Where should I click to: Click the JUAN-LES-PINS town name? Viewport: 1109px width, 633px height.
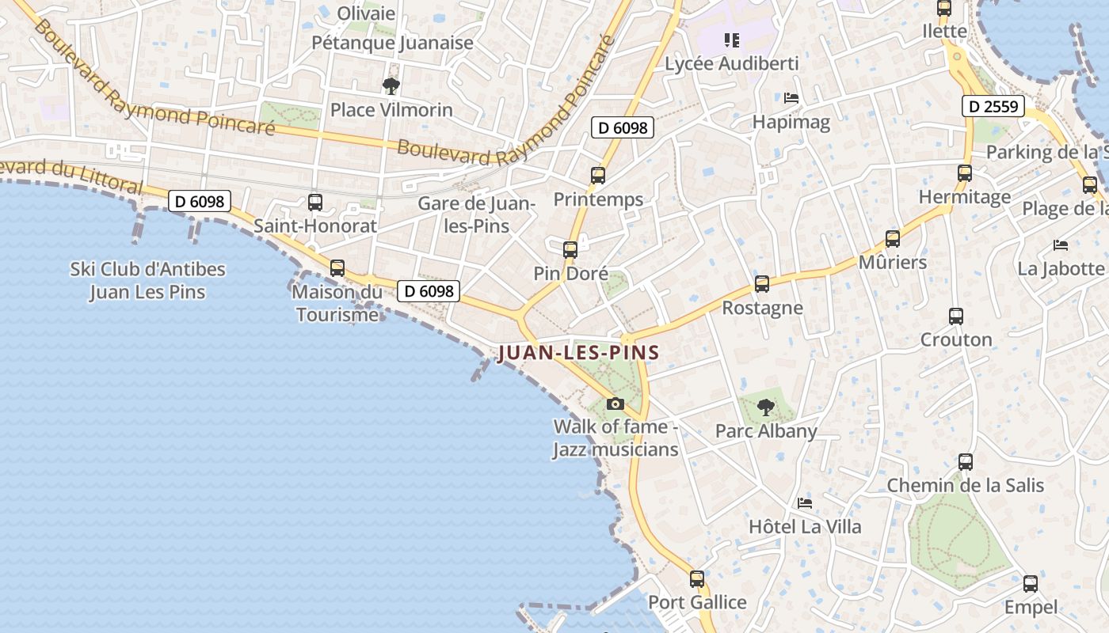pos(578,353)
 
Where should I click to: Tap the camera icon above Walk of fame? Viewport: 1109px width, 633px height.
pos(615,404)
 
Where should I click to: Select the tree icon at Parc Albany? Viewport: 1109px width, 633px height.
pos(765,407)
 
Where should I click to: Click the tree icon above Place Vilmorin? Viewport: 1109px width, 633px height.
pos(391,85)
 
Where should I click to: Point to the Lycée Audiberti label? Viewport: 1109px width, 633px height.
pos(731,63)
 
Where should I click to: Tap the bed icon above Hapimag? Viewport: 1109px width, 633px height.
pos(791,98)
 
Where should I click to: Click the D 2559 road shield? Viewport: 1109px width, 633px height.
pos(993,106)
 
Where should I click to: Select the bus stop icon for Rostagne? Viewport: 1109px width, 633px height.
pos(762,283)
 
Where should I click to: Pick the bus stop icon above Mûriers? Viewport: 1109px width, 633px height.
pos(893,238)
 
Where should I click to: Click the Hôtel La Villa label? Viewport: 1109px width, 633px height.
pos(805,526)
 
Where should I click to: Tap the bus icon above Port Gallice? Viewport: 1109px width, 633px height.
pos(697,579)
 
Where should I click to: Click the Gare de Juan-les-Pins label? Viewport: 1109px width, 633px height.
pos(477,214)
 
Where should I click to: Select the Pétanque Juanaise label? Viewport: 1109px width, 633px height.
pos(392,43)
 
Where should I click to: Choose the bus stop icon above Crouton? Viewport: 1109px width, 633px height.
pos(956,316)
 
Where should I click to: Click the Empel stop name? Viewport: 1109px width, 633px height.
pos(1031,607)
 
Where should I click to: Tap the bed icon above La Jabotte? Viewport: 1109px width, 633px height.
pos(1061,245)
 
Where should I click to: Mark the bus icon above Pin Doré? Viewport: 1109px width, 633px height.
pos(570,250)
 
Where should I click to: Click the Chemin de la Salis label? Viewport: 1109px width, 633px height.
pos(965,485)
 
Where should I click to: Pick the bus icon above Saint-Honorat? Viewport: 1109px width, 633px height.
pos(315,203)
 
